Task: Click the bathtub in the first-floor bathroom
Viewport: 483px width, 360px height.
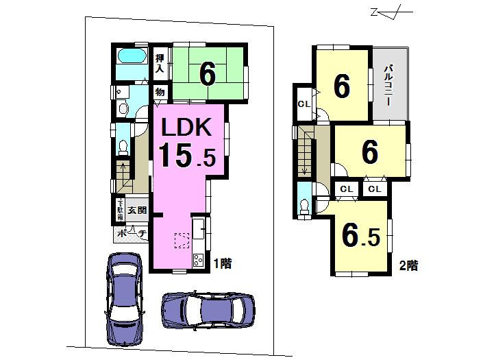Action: tap(131, 57)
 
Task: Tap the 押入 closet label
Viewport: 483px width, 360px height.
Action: tap(159, 62)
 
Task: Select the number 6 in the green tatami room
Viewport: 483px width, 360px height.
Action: tap(207, 73)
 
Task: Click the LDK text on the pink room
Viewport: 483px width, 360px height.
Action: tap(189, 128)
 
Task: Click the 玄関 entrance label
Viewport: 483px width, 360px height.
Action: tap(137, 211)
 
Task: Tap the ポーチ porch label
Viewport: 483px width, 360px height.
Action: tap(131, 235)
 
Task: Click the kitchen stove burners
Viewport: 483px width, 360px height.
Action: tap(198, 260)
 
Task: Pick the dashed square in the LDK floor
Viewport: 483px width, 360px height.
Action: tap(182, 240)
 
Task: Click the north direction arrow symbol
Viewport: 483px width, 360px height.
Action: tap(384, 12)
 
